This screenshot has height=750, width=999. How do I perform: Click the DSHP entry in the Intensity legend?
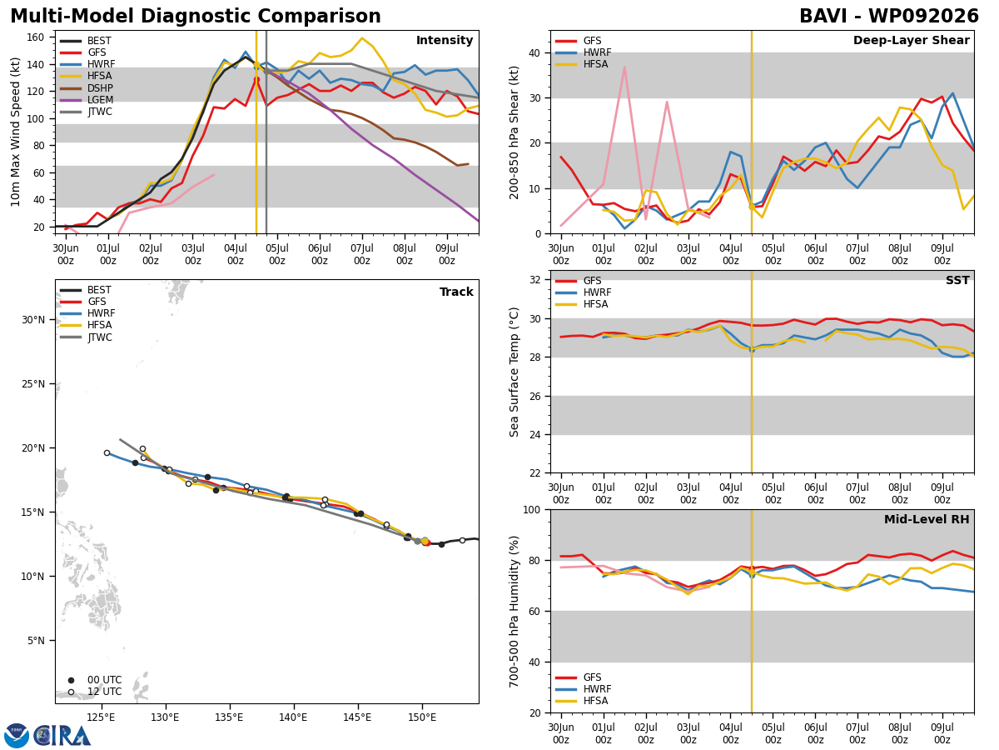click(86, 87)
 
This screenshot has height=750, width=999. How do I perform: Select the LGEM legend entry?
click(86, 100)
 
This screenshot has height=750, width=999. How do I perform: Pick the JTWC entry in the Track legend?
click(86, 337)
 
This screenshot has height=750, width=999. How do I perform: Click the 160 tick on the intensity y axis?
click(35, 37)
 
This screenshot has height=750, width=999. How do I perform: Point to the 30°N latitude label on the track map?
click(33, 320)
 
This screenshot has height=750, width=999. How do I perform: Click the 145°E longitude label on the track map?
click(358, 717)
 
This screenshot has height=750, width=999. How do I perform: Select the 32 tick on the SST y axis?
click(534, 280)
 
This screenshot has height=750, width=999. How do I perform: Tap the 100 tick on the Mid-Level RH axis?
click(532, 509)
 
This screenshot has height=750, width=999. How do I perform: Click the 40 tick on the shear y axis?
click(534, 52)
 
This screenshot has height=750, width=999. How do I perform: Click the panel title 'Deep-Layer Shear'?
click(911, 41)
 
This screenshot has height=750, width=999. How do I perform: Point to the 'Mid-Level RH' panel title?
click(927, 519)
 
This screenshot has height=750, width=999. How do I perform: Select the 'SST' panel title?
click(957, 280)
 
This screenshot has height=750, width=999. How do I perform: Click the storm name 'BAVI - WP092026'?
click(889, 17)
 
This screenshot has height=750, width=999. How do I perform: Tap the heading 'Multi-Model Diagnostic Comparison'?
click(196, 17)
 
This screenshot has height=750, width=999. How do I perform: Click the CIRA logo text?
click(62, 736)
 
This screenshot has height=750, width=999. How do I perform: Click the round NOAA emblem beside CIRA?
click(17, 735)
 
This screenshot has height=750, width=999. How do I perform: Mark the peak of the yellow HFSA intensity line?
click(362, 38)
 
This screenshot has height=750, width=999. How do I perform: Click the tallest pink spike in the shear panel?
click(624, 67)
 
